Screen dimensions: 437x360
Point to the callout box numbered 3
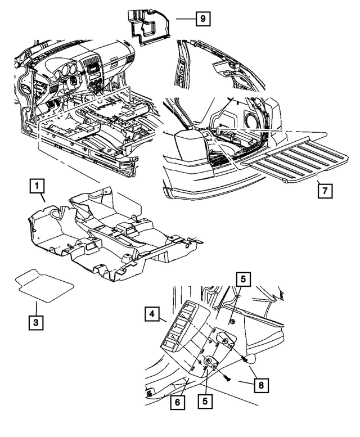pyautogui.click(x=35, y=322)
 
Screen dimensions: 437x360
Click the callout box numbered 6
pyautogui.click(x=178, y=403)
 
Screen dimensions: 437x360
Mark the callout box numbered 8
pyautogui.click(x=262, y=385)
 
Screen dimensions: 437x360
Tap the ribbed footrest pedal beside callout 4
pyautogui.click(x=177, y=332)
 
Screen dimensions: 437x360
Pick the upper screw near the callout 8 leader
pyautogui.click(x=245, y=357)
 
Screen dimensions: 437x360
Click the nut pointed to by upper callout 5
pyautogui.click(x=231, y=321)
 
